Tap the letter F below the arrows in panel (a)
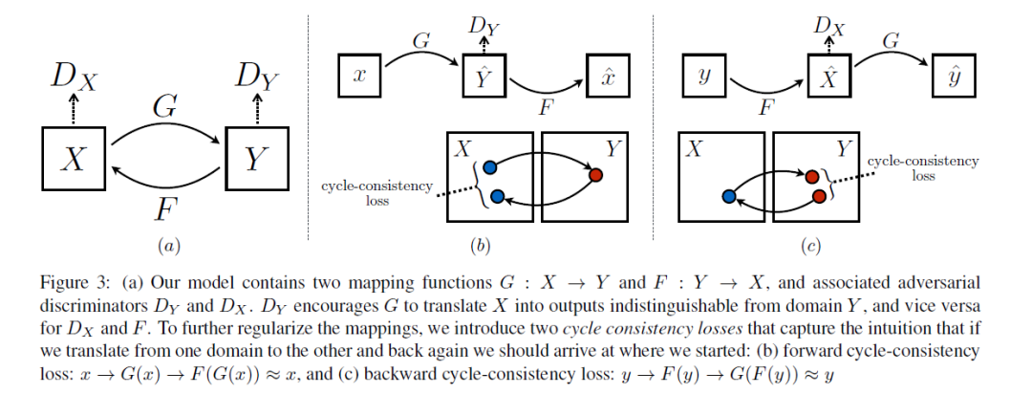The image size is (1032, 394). point(165,208)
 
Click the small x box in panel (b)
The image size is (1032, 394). point(360,74)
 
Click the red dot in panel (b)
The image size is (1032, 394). point(595,175)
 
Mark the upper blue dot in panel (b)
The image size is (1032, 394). point(490,165)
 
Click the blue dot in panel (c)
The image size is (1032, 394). point(728,196)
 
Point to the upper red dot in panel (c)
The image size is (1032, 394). point(813,177)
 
